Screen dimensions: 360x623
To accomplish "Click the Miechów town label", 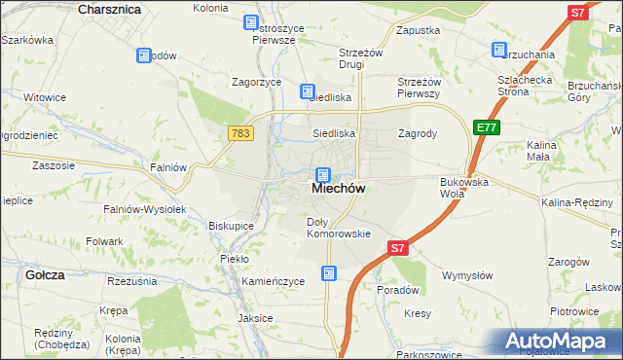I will [x=339, y=191].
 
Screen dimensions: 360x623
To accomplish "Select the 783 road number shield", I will [x=242, y=132].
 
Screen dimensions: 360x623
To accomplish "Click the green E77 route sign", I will [x=487, y=126].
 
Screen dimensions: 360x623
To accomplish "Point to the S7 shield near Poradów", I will [x=398, y=249].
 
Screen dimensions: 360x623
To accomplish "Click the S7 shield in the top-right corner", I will [x=577, y=13].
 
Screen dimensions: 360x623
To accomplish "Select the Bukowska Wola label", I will [x=464, y=187].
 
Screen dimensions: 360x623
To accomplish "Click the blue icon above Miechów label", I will [x=322, y=174].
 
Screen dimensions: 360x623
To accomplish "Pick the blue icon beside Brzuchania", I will [x=499, y=50].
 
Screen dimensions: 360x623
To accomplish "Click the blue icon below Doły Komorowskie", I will [x=330, y=273].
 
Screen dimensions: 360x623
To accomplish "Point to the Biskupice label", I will [x=231, y=225].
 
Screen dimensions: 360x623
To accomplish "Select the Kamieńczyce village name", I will [x=273, y=281].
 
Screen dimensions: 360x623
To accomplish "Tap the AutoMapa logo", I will [x=554, y=341].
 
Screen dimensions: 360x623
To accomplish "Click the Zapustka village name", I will [x=419, y=31].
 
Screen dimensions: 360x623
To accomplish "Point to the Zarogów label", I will [x=569, y=262].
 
